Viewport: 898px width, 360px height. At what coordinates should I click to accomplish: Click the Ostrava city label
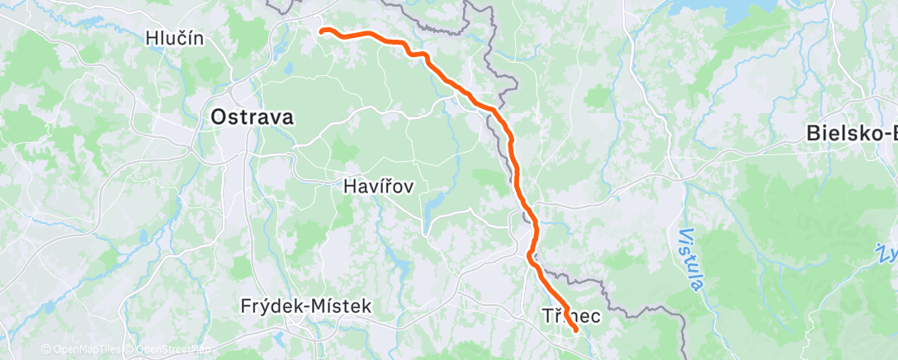click(x=252, y=117)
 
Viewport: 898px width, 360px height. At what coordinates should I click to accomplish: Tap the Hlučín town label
click(x=173, y=38)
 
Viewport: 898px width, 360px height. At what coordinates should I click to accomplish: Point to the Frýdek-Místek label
click(x=306, y=306)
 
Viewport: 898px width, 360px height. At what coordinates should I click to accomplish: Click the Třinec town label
click(x=572, y=316)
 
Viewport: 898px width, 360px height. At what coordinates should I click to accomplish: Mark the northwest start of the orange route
click(x=322, y=31)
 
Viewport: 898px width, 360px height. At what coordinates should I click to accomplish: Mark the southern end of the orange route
click(x=574, y=332)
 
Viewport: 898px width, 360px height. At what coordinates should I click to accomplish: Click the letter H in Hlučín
click(x=150, y=38)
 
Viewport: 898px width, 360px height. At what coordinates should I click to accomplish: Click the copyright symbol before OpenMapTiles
click(x=46, y=349)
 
